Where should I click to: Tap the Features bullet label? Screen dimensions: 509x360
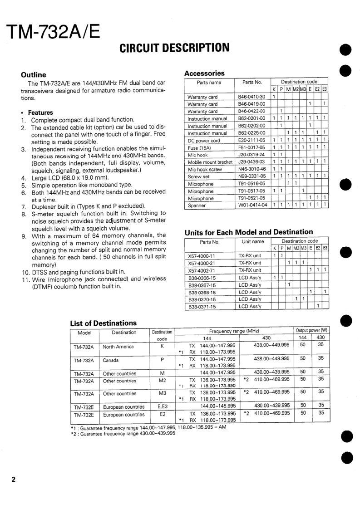(x=40, y=113)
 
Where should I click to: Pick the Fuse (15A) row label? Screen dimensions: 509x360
(x=200, y=147)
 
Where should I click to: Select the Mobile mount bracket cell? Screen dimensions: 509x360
(x=210, y=162)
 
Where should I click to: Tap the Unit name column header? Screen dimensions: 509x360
(x=253, y=241)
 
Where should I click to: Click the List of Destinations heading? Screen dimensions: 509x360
(x=103, y=323)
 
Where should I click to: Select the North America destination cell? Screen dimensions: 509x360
(x=118, y=347)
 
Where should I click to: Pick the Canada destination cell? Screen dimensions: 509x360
(x=110, y=361)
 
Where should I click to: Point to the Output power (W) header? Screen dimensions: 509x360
(x=311, y=330)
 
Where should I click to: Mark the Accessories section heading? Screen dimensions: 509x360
(x=204, y=73)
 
